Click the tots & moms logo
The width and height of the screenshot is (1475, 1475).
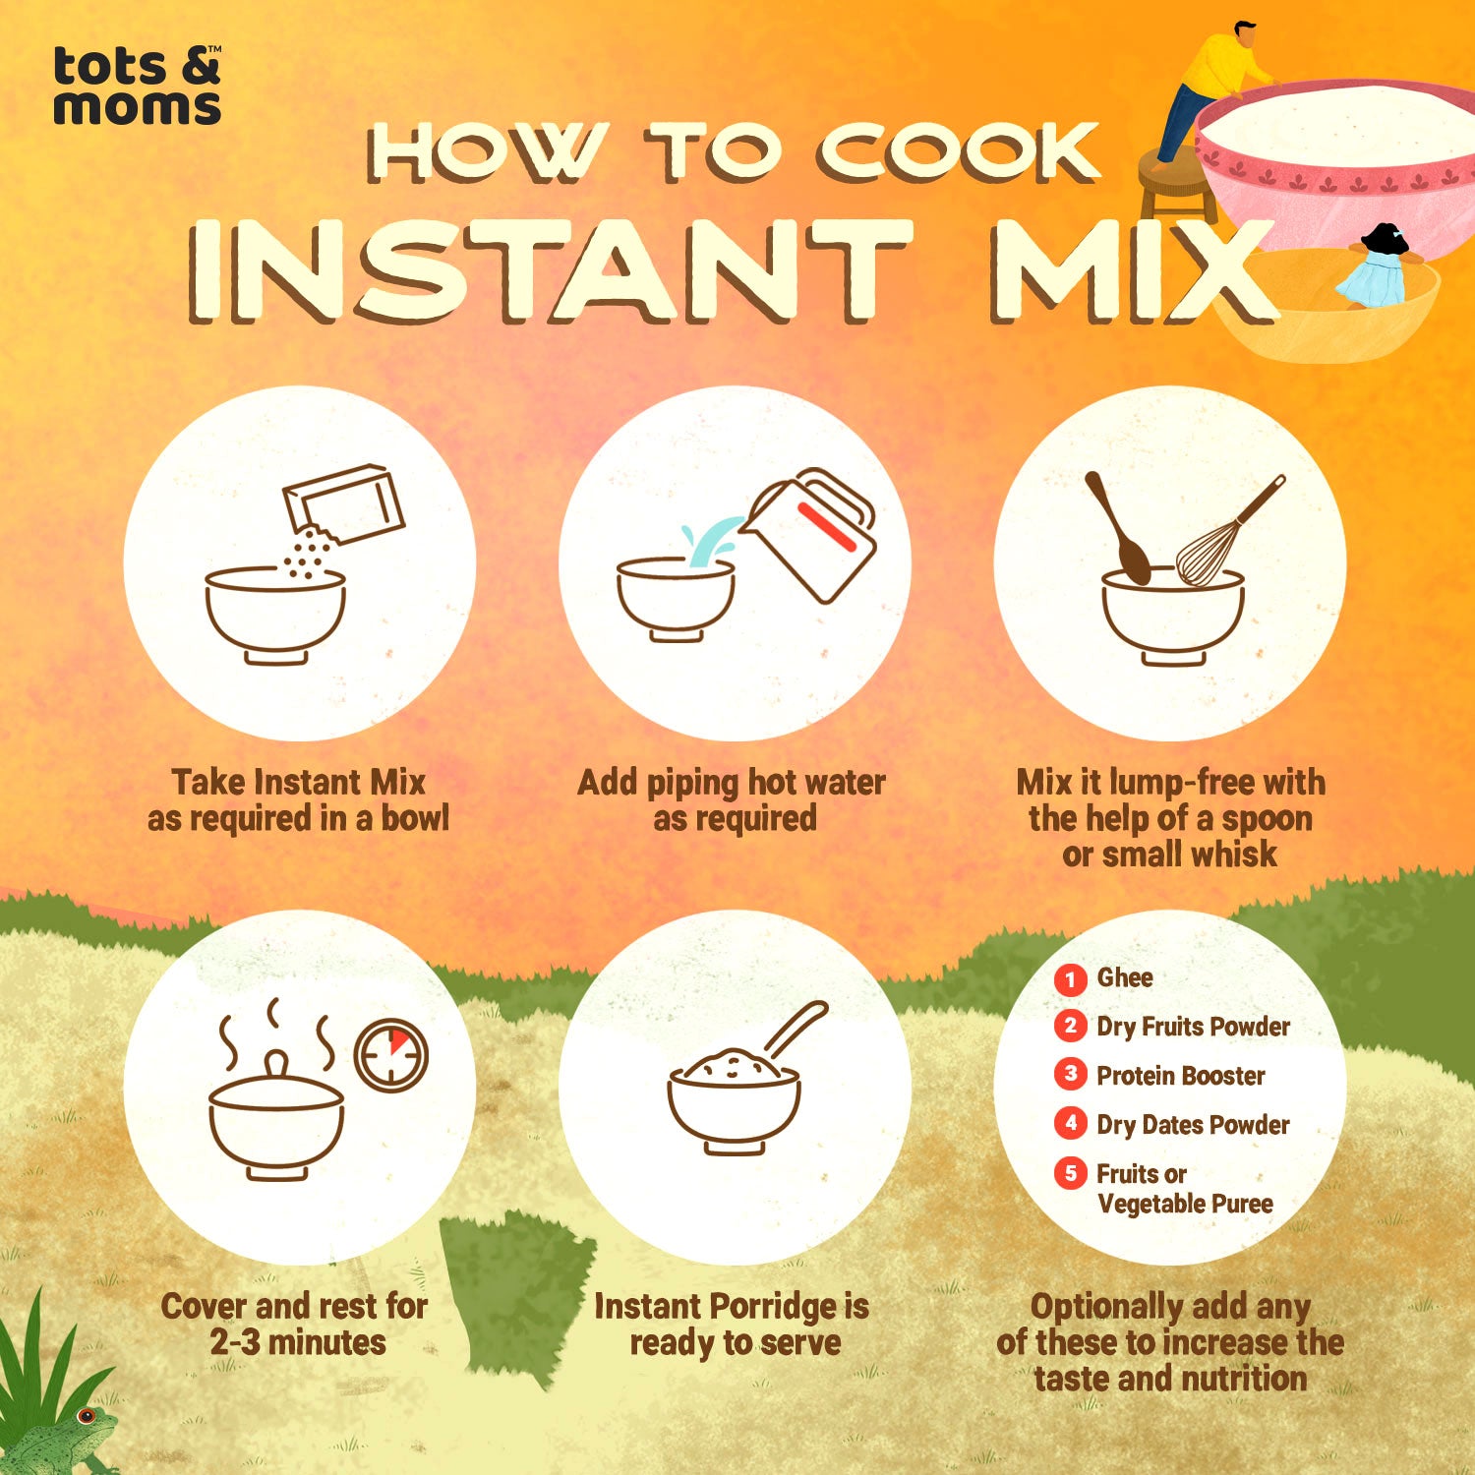(x=137, y=86)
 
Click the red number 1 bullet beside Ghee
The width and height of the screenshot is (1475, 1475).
(x=1070, y=978)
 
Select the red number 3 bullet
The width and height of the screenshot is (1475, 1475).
(x=1070, y=1074)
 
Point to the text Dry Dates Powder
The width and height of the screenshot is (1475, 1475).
(x=1193, y=1124)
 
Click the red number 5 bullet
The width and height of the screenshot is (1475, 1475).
(x=1070, y=1172)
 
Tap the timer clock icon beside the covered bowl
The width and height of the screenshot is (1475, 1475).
(x=390, y=1054)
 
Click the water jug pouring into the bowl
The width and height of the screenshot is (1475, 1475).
(x=808, y=533)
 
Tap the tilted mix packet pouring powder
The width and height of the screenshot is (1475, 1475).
(x=343, y=503)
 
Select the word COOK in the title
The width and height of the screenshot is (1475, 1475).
(x=958, y=153)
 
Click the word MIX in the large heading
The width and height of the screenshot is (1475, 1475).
(x=1131, y=271)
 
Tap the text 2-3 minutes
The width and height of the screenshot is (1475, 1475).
(x=298, y=1342)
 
